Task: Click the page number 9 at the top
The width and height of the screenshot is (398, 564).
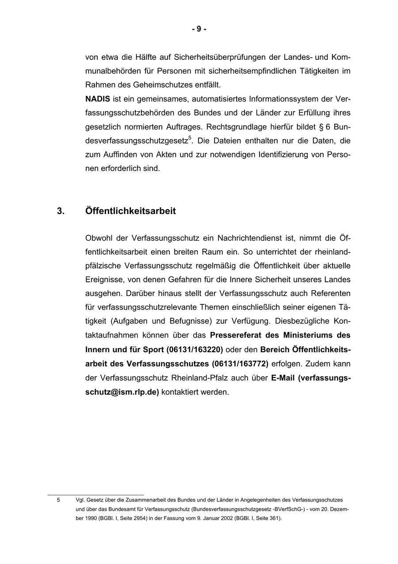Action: pyautogui.click(x=199, y=29)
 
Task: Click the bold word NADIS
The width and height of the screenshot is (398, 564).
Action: pyautogui.click(x=97, y=99)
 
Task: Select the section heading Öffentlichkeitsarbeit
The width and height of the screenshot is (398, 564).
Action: pyautogui.click(x=130, y=211)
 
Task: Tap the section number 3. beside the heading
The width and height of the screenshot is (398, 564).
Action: pyautogui.click(x=61, y=211)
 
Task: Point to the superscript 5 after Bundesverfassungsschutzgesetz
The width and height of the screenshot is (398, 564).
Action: pyautogui.click(x=190, y=138)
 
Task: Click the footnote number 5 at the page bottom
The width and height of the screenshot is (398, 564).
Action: pyautogui.click(x=58, y=500)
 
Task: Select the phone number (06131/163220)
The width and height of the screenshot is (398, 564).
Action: pyautogui.click(x=194, y=350)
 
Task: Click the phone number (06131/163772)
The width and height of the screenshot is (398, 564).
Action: pyautogui.click(x=240, y=364)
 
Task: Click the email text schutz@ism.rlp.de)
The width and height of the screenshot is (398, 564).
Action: pyautogui.click(x=122, y=393)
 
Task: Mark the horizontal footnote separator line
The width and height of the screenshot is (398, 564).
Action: pyautogui.click(x=96, y=494)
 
